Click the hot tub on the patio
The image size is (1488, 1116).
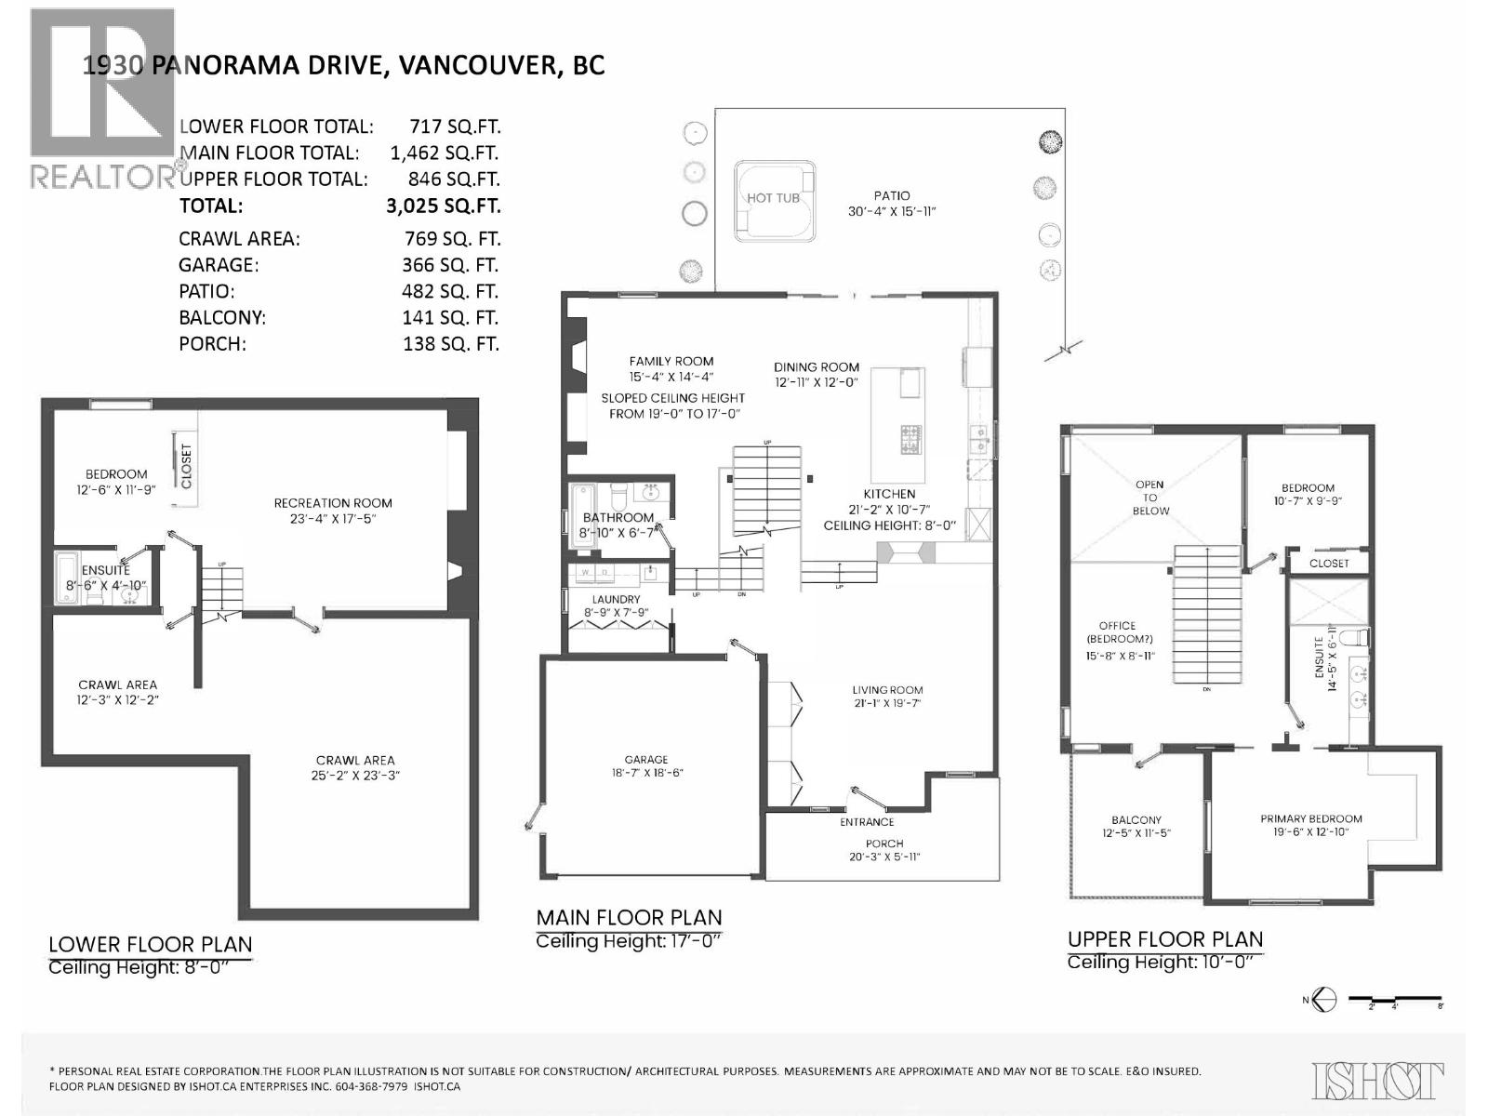[774, 198]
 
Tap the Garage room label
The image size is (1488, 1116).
[646, 760]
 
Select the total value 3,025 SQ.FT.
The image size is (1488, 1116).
[443, 206]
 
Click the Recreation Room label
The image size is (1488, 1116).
[333, 503]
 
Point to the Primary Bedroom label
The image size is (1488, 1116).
[1311, 818]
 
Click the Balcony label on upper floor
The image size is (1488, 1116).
[1136, 820]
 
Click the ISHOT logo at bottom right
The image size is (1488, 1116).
[1377, 1081]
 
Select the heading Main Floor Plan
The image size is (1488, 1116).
[629, 918]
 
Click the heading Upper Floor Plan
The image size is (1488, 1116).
[1164, 939]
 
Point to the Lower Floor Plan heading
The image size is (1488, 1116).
[150, 945]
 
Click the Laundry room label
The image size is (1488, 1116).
[616, 600]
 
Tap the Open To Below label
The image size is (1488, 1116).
[1150, 498]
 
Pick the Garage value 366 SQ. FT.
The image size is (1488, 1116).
[450, 265]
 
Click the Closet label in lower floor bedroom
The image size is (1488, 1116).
[186, 466]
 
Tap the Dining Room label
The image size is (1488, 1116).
[817, 367]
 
